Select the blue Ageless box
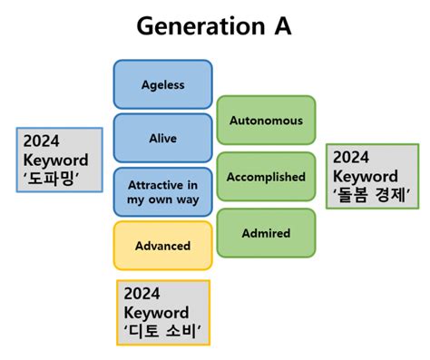(x=163, y=84)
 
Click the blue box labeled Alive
(x=163, y=138)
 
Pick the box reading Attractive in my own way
(x=163, y=191)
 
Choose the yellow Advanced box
(x=163, y=245)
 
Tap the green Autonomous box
(x=266, y=120)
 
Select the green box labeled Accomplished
(x=266, y=177)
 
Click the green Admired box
(x=266, y=233)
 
